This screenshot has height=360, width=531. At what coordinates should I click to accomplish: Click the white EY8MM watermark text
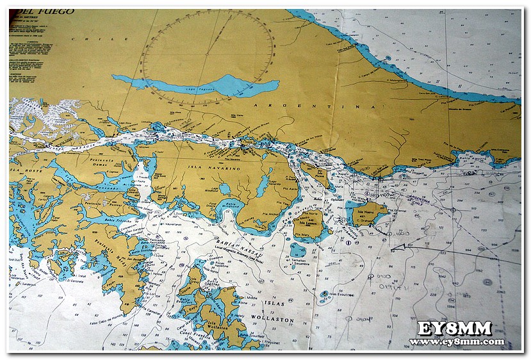click(455, 329)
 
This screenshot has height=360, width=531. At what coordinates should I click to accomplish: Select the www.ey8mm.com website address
click(456, 341)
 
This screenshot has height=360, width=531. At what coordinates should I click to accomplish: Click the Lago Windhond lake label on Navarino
click(211, 190)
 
